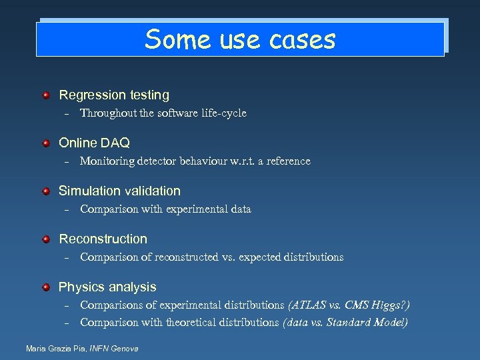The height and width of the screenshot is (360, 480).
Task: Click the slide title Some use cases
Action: click(240, 39)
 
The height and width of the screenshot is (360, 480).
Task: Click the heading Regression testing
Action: click(114, 95)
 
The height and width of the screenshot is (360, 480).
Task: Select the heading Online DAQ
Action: click(94, 143)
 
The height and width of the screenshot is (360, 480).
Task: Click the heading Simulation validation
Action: click(119, 191)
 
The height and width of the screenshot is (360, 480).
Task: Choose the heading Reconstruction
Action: click(103, 239)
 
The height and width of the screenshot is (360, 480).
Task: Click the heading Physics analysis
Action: click(107, 287)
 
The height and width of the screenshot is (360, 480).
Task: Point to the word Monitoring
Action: click(108, 161)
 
